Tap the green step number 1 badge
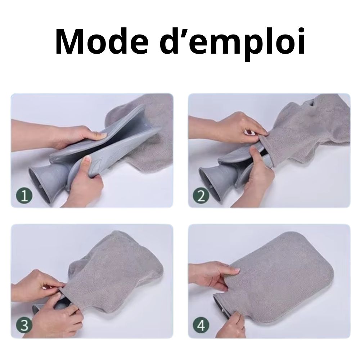24,195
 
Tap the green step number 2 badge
201,195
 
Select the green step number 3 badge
24,325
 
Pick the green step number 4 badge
201,325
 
